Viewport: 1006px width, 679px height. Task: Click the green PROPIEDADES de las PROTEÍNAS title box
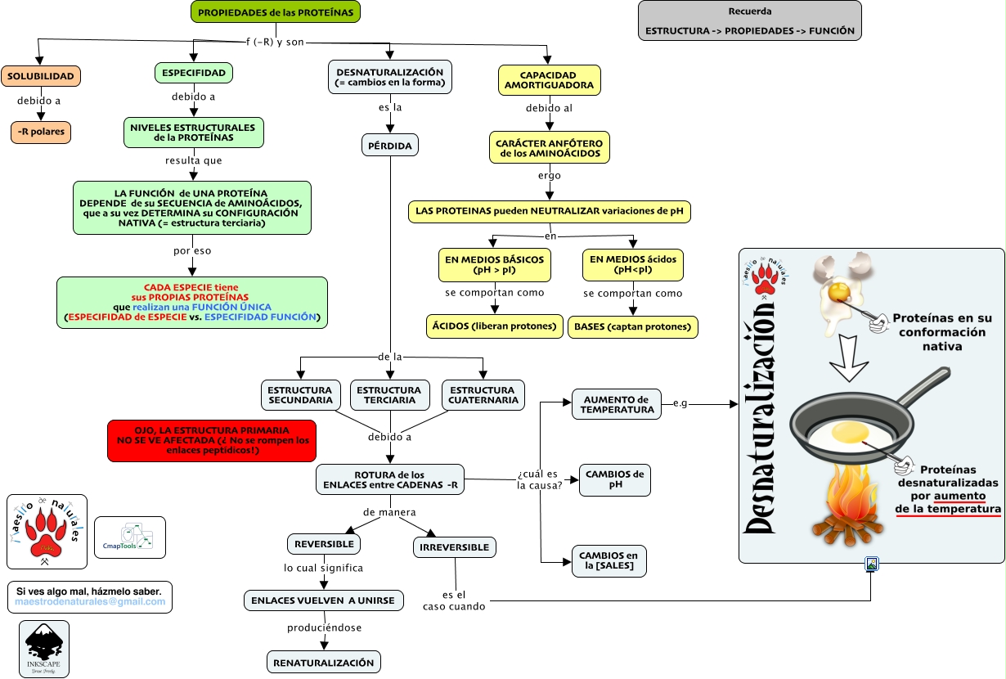[x=276, y=12]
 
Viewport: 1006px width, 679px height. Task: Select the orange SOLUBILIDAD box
[x=41, y=77]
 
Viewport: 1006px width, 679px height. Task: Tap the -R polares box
[x=41, y=131]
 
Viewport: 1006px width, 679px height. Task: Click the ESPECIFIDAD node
[x=193, y=73]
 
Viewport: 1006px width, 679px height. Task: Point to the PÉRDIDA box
[x=390, y=146]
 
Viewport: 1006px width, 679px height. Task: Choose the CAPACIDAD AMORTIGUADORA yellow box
[x=549, y=79]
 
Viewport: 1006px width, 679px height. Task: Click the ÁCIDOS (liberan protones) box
[x=495, y=326]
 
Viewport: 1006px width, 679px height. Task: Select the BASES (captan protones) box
[x=633, y=327]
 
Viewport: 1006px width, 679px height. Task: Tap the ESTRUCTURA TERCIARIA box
[x=389, y=395]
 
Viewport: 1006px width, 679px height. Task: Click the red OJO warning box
[x=211, y=440]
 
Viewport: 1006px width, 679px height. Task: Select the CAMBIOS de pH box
[x=614, y=479]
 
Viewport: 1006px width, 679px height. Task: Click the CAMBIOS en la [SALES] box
[x=609, y=561]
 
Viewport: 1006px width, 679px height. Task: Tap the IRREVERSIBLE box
[x=455, y=547]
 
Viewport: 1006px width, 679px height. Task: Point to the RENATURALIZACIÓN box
[x=324, y=663]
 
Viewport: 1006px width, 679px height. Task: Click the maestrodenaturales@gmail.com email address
[x=90, y=602]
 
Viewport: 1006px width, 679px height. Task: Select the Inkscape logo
[x=44, y=648]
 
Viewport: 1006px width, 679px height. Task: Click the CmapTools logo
[x=129, y=537]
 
